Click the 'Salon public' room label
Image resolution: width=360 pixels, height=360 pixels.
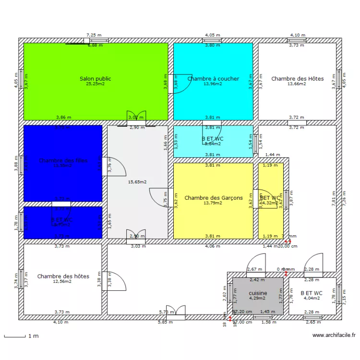click(96, 79)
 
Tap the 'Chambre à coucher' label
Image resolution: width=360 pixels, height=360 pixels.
click(213, 79)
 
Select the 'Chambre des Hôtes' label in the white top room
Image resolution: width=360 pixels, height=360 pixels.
click(297, 79)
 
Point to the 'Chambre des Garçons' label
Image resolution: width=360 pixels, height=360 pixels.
click(213, 198)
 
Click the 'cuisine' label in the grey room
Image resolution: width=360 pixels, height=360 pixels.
click(258, 293)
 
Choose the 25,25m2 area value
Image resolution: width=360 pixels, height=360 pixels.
click(96, 84)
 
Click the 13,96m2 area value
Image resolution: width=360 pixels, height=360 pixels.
click(213, 84)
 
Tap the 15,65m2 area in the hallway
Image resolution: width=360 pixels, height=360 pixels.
click(137, 182)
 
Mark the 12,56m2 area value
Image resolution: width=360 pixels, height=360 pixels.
click(63, 282)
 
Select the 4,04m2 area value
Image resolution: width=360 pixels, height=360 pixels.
click(312, 298)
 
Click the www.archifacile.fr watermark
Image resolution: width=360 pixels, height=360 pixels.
click(334, 336)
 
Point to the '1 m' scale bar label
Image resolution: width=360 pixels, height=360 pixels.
click(33, 336)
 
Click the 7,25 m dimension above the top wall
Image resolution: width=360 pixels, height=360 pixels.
click(94, 35)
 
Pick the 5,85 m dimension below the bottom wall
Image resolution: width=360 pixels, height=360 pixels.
click(165, 322)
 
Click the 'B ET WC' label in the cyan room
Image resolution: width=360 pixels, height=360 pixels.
click(213, 139)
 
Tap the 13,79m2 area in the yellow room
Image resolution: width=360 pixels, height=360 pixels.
click(213, 203)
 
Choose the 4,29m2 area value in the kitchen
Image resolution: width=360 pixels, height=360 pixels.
click(258, 298)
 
